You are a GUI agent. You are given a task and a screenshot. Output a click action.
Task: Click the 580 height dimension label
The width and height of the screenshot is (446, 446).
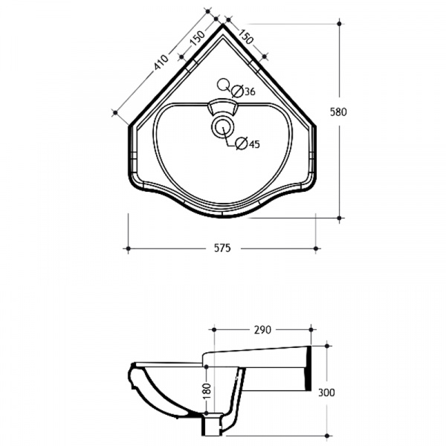(338, 112)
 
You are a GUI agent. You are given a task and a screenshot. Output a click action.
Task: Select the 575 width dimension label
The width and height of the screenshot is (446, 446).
(222, 248)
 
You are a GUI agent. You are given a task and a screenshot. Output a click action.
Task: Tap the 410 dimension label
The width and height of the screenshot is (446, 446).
(161, 62)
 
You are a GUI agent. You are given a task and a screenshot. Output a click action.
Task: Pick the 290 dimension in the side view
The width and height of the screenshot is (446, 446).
(262, 329)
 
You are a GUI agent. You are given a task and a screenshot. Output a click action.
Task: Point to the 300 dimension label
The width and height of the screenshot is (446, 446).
(326, 392)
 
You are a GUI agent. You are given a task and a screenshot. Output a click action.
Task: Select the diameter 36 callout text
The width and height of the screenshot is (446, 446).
(244, 91)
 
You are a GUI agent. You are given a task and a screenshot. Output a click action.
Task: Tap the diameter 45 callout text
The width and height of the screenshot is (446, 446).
(248, 144)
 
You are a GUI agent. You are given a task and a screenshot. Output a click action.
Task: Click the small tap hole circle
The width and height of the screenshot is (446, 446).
(223, 84)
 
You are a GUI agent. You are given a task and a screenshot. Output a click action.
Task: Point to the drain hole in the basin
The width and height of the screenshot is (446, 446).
(223, 127)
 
